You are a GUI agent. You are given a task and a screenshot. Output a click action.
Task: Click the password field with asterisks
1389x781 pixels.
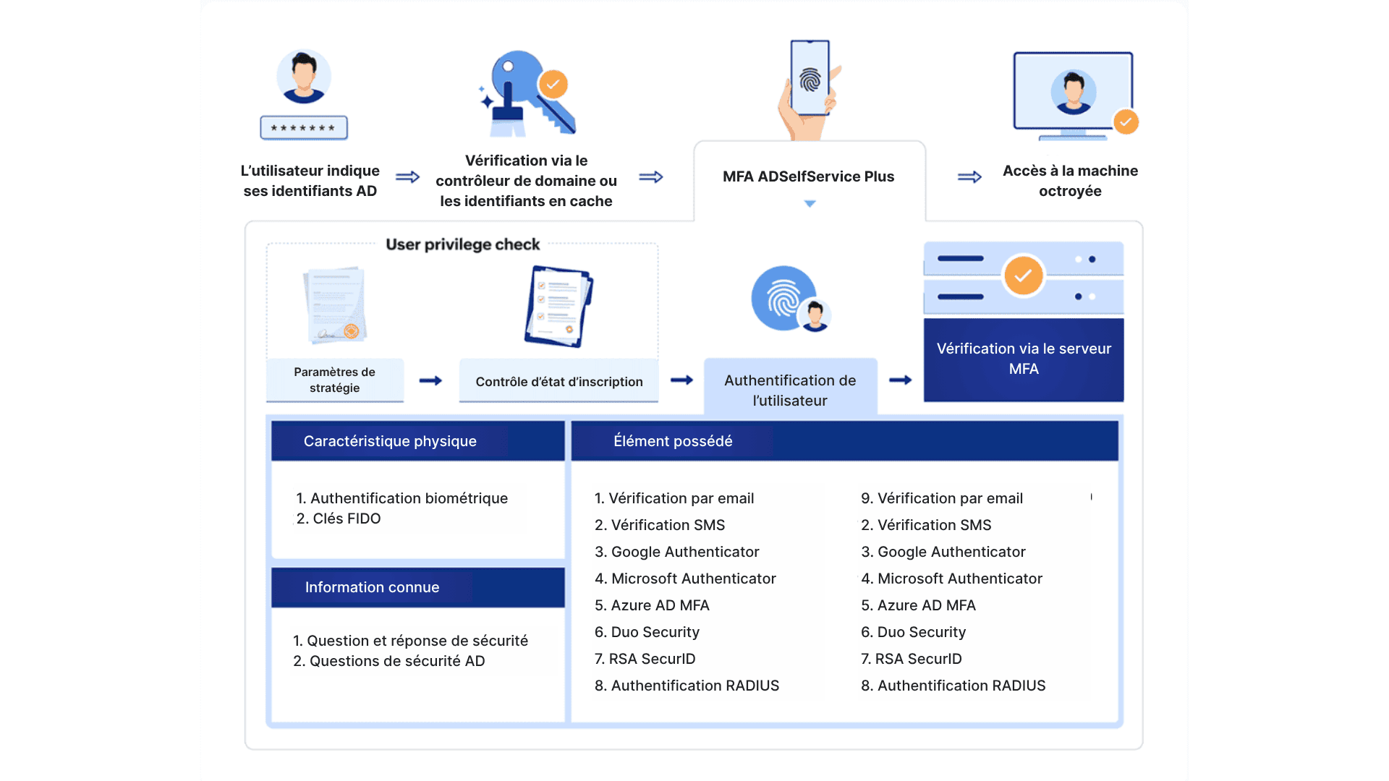[303, 128]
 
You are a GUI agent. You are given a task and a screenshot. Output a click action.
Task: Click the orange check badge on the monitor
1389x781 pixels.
[1125, 121]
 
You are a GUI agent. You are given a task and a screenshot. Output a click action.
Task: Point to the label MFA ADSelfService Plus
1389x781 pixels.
[808, 176]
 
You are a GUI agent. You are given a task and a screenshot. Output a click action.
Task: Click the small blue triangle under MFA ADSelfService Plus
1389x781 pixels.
[810, 204]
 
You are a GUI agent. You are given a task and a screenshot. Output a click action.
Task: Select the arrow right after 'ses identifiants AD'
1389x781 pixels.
[407, 177]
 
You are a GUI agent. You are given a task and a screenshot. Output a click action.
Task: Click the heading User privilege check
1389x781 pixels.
[462, 244]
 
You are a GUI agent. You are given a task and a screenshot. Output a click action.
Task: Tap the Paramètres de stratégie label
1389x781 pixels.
[334, 380]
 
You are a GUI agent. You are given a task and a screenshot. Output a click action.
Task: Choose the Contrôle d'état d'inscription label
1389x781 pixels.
[558, 382]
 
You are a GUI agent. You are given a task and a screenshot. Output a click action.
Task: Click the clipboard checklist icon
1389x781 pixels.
[558, 307]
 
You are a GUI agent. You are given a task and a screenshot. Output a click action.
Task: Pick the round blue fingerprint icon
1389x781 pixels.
[783, 298]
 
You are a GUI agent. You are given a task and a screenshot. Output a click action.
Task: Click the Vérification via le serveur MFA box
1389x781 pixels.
[1023, 359]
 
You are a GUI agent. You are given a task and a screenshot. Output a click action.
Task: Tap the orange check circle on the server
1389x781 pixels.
[1023, 276]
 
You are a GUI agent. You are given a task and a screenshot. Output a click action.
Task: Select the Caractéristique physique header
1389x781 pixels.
[390, 441]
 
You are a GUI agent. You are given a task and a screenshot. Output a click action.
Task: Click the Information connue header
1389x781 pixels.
[372, 587]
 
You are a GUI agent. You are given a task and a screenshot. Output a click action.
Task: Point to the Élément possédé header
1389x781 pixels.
[673, 441]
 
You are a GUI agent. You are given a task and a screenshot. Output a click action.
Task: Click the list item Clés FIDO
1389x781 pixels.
[339, 518]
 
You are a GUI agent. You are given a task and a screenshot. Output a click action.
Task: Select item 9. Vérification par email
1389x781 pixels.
[941, 498]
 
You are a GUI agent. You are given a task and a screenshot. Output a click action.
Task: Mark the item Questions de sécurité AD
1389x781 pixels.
[388, 661]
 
